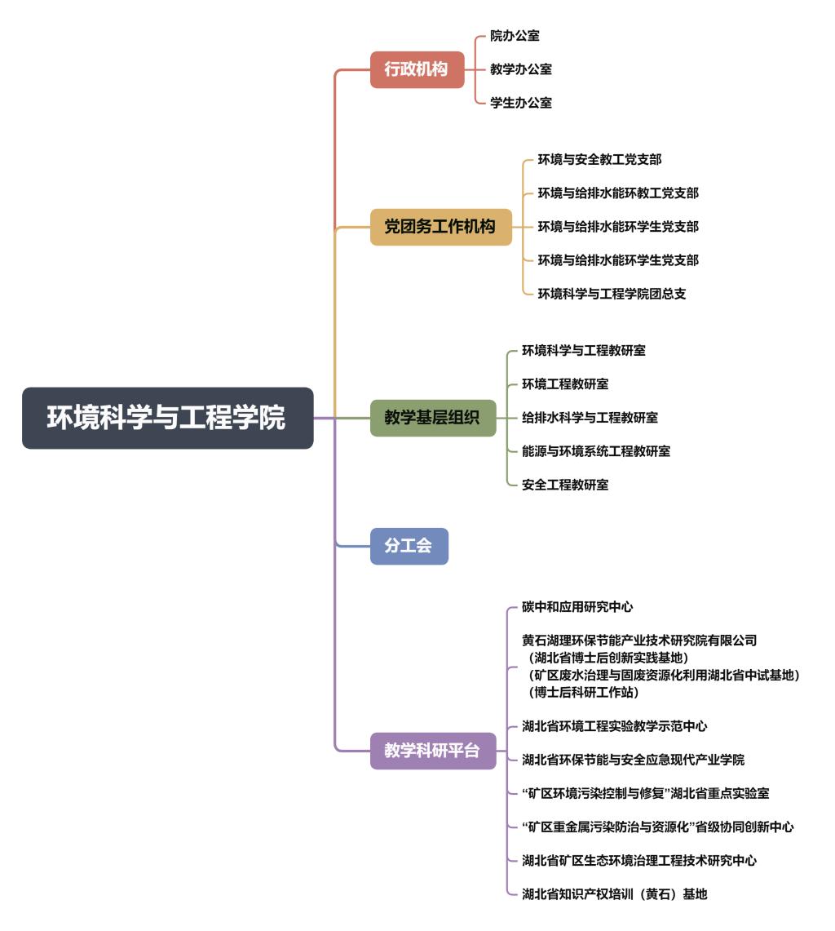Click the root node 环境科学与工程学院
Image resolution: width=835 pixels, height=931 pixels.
[167, 418]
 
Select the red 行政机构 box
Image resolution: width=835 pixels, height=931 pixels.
[417, 69]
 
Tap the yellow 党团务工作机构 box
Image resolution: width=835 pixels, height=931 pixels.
[440, 227]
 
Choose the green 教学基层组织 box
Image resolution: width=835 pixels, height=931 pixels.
[432, 418]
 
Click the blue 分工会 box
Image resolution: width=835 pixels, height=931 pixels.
[409, 546]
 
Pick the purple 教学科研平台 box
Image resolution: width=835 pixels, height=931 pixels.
[432, 751]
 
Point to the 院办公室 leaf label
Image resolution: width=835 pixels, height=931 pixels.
[515, 36]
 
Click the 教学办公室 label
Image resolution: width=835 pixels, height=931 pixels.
[520, 69]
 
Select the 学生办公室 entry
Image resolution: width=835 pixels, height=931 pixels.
[520, 103]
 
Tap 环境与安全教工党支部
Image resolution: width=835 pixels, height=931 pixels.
[599, 160]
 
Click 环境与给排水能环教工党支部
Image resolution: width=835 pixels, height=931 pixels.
[617, 193]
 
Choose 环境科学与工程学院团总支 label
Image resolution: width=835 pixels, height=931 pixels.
[612, 294]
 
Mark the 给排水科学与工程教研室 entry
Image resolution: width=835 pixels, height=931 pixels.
[590, 418]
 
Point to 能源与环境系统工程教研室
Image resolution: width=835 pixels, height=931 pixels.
[596, 451]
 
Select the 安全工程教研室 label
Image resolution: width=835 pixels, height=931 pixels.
[565, 485]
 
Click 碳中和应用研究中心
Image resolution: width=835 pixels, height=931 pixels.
[577, 607]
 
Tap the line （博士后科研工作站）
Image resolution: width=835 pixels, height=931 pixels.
[583, 693]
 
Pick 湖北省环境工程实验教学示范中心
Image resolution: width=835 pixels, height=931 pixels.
[614, 726]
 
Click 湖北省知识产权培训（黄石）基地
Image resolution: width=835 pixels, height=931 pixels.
[614, 894]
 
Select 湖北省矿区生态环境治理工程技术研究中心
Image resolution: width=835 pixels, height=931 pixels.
[639, 861]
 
